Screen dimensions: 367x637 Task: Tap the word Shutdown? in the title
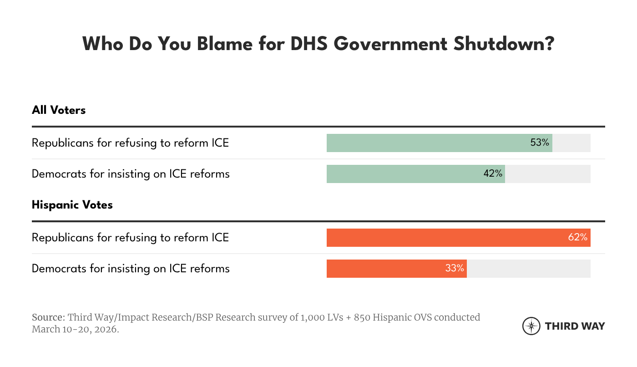coord(503,45)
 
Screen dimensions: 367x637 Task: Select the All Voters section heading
coord(59,110)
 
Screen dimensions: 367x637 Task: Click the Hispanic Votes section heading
coord(72,205)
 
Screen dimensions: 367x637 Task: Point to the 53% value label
coord(540,143)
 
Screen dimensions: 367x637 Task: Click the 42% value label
coord(493,173)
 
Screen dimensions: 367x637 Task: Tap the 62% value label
coord(577,237)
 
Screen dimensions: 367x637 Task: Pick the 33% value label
coord(454,268)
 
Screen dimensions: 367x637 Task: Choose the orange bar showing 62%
coord(441,238)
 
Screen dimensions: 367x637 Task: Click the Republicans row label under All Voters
coord(130,143)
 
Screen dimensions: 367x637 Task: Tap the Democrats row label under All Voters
coord(131,174)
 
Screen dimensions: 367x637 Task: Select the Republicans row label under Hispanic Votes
coord(130,238)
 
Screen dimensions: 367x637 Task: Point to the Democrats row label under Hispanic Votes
coord(131,269)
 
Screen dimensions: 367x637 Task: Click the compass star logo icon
coord(531,326)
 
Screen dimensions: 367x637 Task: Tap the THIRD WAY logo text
coord(575,326)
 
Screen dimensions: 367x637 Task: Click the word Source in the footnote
coord(48,317)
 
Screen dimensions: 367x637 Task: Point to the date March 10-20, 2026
coord(75,329)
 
